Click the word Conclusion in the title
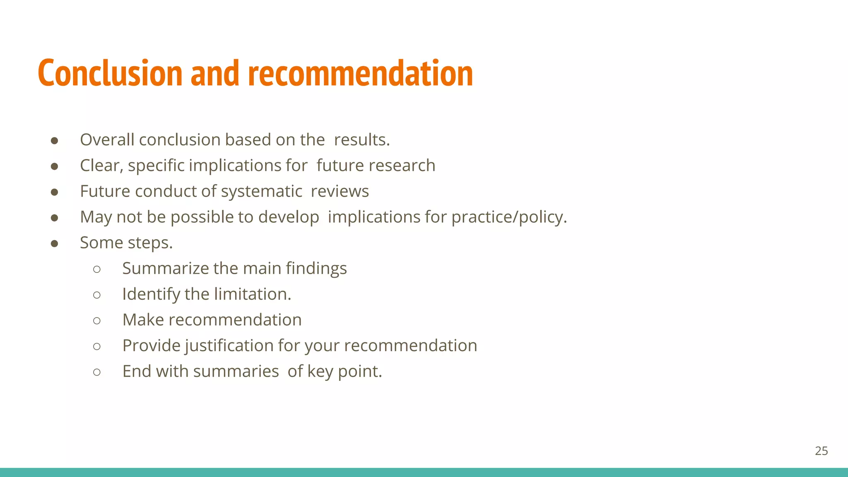(x=110, y=73)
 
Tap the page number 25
(x=821, y=451)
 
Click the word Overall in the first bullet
(x=107, y=140)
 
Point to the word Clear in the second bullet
(x=101, y=166)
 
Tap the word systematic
(x=261, y=192)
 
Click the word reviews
(x=340, y=192)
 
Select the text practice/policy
(x=508, y=217)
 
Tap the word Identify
(x=151, y=294)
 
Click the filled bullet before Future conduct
(x=54, y=192)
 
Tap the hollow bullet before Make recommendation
(x=97, y=320)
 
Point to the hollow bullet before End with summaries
(x=97, y=372)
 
